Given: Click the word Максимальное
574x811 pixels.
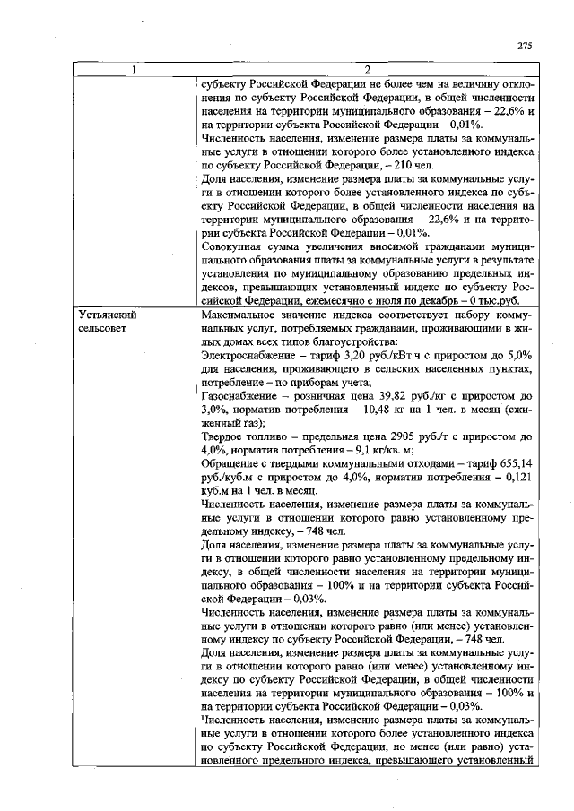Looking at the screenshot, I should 241,315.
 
